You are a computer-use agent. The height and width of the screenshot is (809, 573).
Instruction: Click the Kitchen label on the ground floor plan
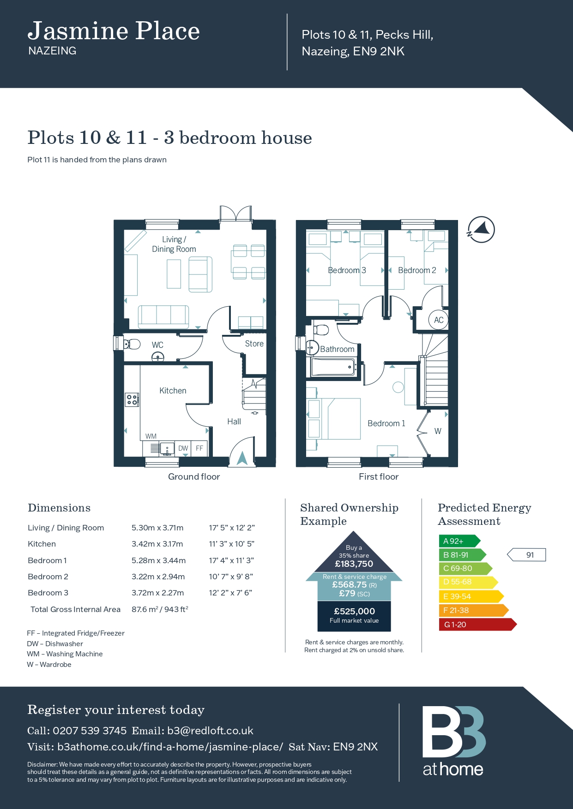coord(173,391)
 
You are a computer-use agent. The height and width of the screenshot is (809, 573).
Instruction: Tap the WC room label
coord(157,345)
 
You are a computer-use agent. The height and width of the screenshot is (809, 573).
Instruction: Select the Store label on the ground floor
coord(254,344)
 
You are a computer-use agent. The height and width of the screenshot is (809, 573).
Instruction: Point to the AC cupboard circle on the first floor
coord(438,320)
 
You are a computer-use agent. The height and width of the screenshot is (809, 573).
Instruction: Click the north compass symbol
coord(481,229)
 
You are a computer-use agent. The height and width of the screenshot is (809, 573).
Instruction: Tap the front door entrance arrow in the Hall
coord(242,458)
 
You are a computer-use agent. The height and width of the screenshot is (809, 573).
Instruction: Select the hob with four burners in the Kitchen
coord(132,399)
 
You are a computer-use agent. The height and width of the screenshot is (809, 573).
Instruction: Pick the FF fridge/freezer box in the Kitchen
coord(199,448)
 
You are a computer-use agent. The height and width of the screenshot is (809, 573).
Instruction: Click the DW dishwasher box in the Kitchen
coord(183,448)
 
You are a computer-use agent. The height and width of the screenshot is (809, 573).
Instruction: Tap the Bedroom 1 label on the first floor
coord(386,423)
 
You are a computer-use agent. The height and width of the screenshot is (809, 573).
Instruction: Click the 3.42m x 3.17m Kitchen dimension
coord(157,544)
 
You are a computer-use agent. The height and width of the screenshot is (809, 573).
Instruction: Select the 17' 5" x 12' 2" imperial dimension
coord(232,528)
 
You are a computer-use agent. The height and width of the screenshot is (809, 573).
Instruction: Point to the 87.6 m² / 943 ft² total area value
coord(160,609)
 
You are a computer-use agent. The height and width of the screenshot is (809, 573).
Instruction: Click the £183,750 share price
coord(354,564)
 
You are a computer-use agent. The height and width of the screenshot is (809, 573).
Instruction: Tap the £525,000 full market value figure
coord(354,612)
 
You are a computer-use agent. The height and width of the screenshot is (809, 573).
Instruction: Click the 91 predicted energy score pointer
coord(526,555)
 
